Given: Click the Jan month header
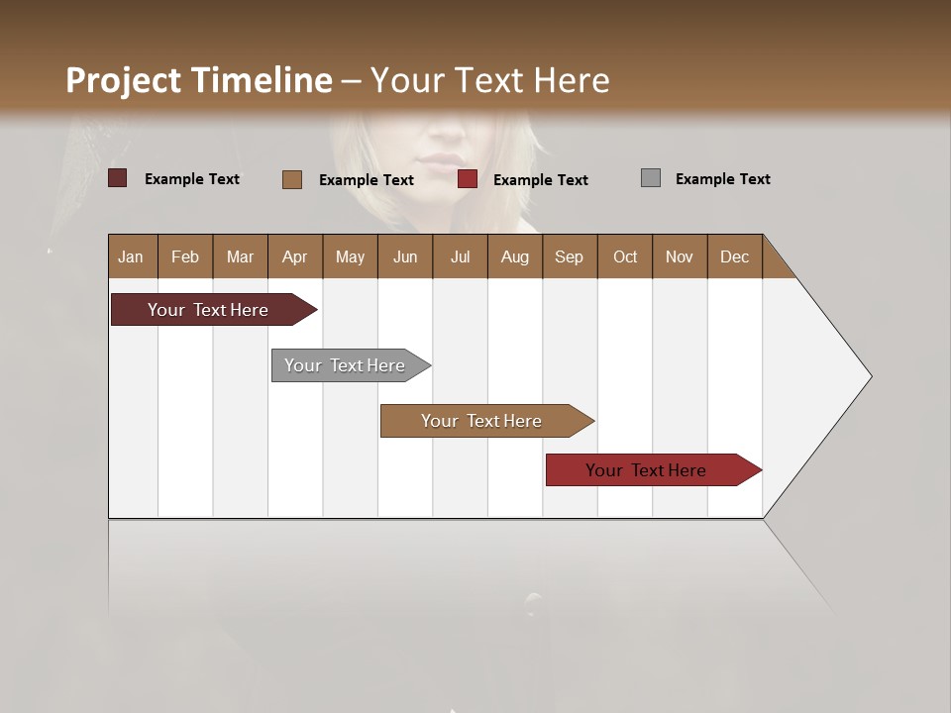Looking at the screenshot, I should click(131, 256).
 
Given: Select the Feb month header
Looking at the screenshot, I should click(185, 256).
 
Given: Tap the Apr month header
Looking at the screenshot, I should click(294, 256).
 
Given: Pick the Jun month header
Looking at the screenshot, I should click(405, 256).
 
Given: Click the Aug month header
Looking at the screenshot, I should click(514, 256).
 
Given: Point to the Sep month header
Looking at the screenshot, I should click(569, 256).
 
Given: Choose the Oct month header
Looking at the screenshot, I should click(625, 256).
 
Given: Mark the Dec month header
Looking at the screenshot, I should click(734, 256).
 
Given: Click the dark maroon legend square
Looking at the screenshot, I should click(117, 178).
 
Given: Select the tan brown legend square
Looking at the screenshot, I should click(291, 179).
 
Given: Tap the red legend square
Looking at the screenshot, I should click(468, 179).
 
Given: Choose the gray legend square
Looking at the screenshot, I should click(650, 178).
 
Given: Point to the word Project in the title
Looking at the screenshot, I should click(124, 80).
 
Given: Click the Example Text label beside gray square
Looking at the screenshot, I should click(722, 179).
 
